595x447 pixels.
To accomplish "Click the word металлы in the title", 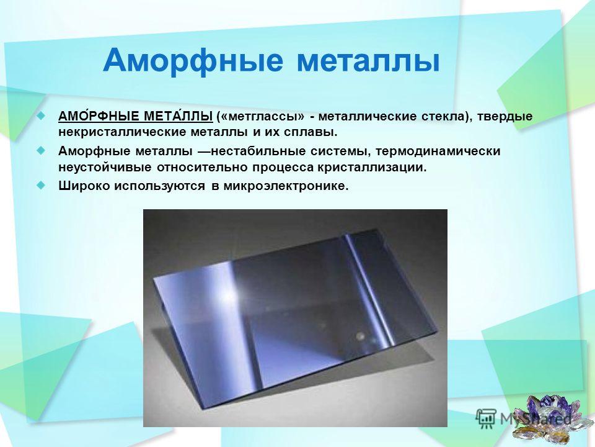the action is (368, 61).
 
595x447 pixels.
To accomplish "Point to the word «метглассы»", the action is (261, 117).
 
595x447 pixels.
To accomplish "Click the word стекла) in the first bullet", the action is (447, 117).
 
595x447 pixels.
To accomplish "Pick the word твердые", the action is (505, 117).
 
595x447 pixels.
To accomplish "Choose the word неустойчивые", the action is (105, 168).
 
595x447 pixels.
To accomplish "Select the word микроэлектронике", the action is (286, 186).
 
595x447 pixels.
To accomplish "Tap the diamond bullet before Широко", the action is (41, 186).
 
